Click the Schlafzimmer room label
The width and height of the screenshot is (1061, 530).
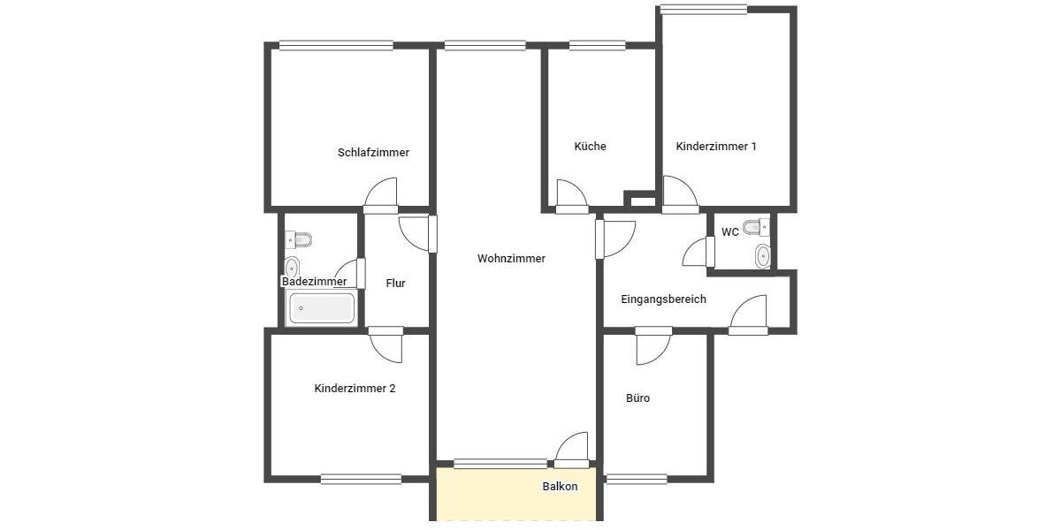(373, 152)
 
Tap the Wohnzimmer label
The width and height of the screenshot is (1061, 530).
(511, 259)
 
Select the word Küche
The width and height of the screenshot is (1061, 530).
(590, 146)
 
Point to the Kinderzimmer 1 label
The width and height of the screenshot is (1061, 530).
(715, 146)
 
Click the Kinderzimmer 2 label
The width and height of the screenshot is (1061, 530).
(355, 388)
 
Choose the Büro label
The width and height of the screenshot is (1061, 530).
(637, 398)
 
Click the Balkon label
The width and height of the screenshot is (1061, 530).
(560, 487)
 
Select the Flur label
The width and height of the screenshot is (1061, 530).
(395, 284)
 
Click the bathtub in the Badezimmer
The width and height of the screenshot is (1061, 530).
(322, 308)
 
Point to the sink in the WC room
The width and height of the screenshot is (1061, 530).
(762, 256)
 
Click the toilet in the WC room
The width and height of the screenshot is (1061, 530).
(756, 228)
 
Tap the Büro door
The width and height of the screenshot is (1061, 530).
(653, 347)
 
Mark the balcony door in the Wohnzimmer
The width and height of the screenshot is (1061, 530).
(572, 449)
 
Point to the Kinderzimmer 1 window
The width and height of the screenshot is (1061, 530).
(703, 10)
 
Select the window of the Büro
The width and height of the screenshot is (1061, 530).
(637, 479)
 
